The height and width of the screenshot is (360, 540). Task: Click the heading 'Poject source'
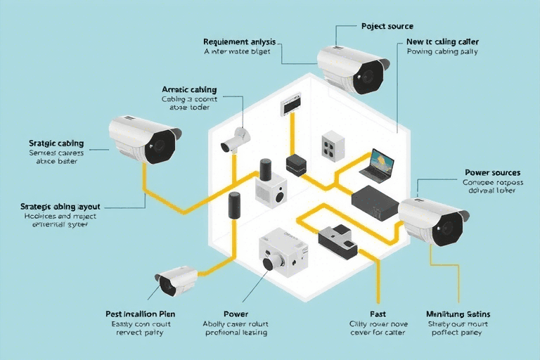(387, 26)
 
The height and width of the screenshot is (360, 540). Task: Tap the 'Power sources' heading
(492, 172)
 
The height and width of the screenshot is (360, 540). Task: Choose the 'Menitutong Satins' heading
(458, 314)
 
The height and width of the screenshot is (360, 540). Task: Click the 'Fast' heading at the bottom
(378, 314)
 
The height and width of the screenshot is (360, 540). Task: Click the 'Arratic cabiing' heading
(189, 90)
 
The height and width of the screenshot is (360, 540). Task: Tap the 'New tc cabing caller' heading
(443, 42)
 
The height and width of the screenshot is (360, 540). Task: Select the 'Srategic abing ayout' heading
(61, 207)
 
